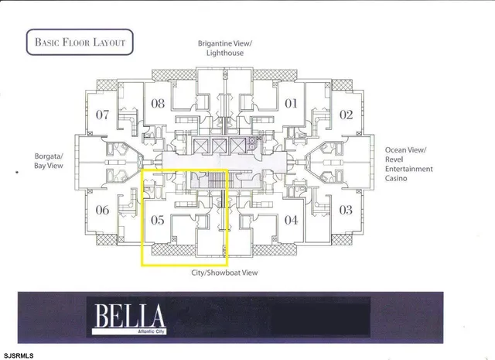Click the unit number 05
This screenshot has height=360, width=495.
(157, 221)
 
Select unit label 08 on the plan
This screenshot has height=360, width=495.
(159, 104)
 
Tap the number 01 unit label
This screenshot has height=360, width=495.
(292, 104)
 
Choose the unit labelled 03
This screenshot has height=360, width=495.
(346, 210)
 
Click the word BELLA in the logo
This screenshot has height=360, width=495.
(130, 315)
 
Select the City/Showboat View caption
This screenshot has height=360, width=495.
(224, 273)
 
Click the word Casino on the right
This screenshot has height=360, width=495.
(399, 179)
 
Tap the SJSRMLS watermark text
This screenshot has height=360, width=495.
(19, 355)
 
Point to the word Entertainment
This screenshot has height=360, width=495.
(409, 169)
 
